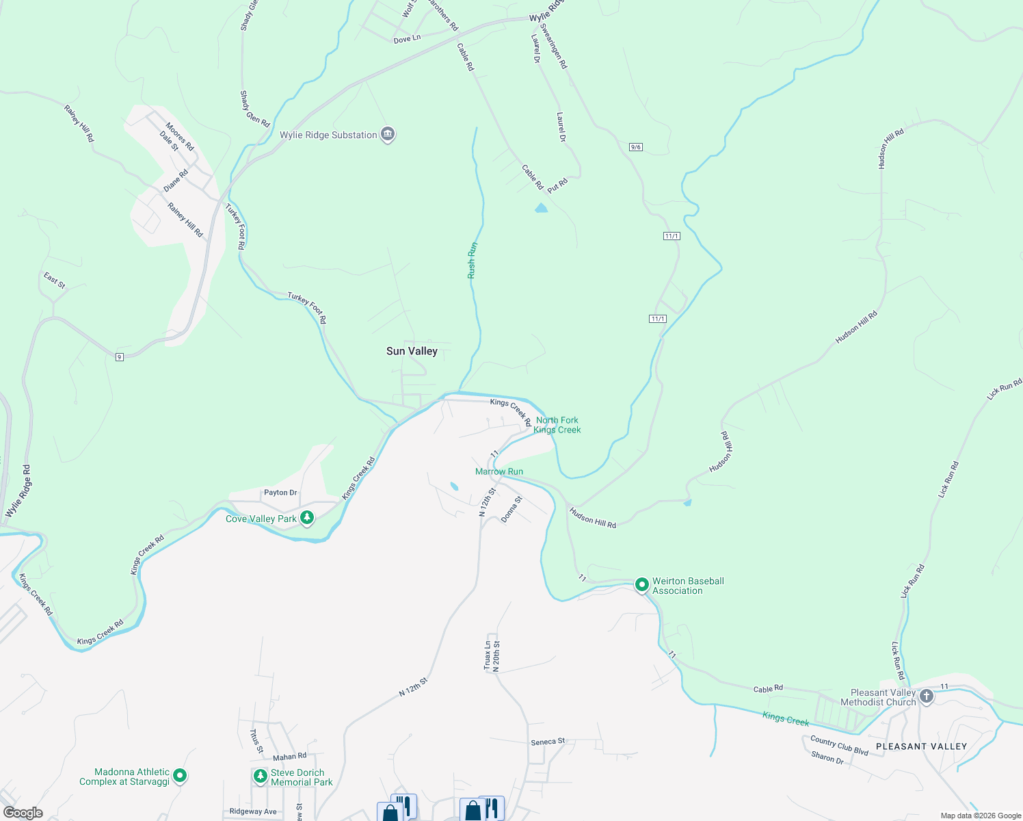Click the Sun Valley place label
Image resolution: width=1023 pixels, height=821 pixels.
[x=412, y=351]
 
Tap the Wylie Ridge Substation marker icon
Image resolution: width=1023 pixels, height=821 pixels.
[x=388, y=135]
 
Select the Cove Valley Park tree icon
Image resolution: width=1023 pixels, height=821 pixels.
[x=307, y=519]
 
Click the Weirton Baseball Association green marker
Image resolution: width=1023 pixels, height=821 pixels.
[x=641, y=585]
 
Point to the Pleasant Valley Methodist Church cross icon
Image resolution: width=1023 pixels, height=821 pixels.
[x=927, y=696]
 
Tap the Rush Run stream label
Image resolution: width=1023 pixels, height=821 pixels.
[x=472, y=260]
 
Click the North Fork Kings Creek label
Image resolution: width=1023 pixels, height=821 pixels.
[x=557, y=425]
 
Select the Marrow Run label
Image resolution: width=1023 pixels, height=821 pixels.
[x=499, y=471]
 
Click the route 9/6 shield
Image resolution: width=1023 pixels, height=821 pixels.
[x=636, y=147]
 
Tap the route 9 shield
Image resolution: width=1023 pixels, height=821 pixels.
[x=120, y=357]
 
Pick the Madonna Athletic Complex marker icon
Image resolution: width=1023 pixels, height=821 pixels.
[x=180, y=776]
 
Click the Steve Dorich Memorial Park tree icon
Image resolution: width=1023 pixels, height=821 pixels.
[x=260, y=777]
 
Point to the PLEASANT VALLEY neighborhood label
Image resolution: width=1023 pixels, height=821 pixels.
[x=921, y=746]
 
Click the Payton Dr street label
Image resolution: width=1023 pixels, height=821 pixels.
[x=280, y=493]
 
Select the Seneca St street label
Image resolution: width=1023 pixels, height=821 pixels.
[x=548, y=742]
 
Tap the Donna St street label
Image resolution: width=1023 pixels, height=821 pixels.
[x=511, y=510]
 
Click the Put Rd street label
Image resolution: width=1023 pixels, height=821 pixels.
[x=557, y=185]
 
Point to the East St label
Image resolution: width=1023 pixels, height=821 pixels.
[x=55, y=281]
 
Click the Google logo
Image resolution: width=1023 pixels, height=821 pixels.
[x=23, y=813]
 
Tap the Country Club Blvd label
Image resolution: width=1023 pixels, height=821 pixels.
[x=839, y=745]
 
